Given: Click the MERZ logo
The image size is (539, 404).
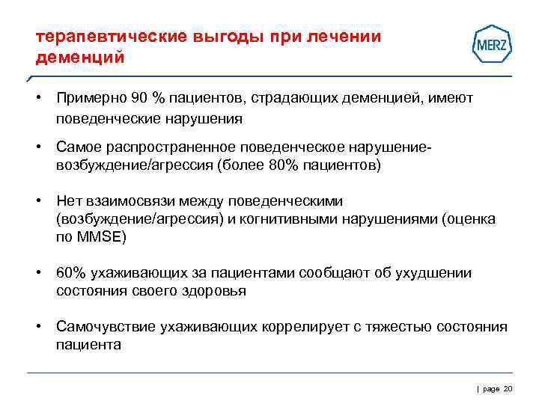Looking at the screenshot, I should coord(492,45).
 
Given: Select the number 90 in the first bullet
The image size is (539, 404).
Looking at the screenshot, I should coord(139,99).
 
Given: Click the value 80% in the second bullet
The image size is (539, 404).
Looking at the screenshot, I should coord(281,165).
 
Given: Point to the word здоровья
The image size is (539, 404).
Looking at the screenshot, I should coord(215,291).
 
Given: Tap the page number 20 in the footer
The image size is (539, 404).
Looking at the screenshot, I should coord(508,388).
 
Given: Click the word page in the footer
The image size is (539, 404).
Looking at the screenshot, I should coord(490,388).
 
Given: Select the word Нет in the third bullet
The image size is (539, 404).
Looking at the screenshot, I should coord(69,201).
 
